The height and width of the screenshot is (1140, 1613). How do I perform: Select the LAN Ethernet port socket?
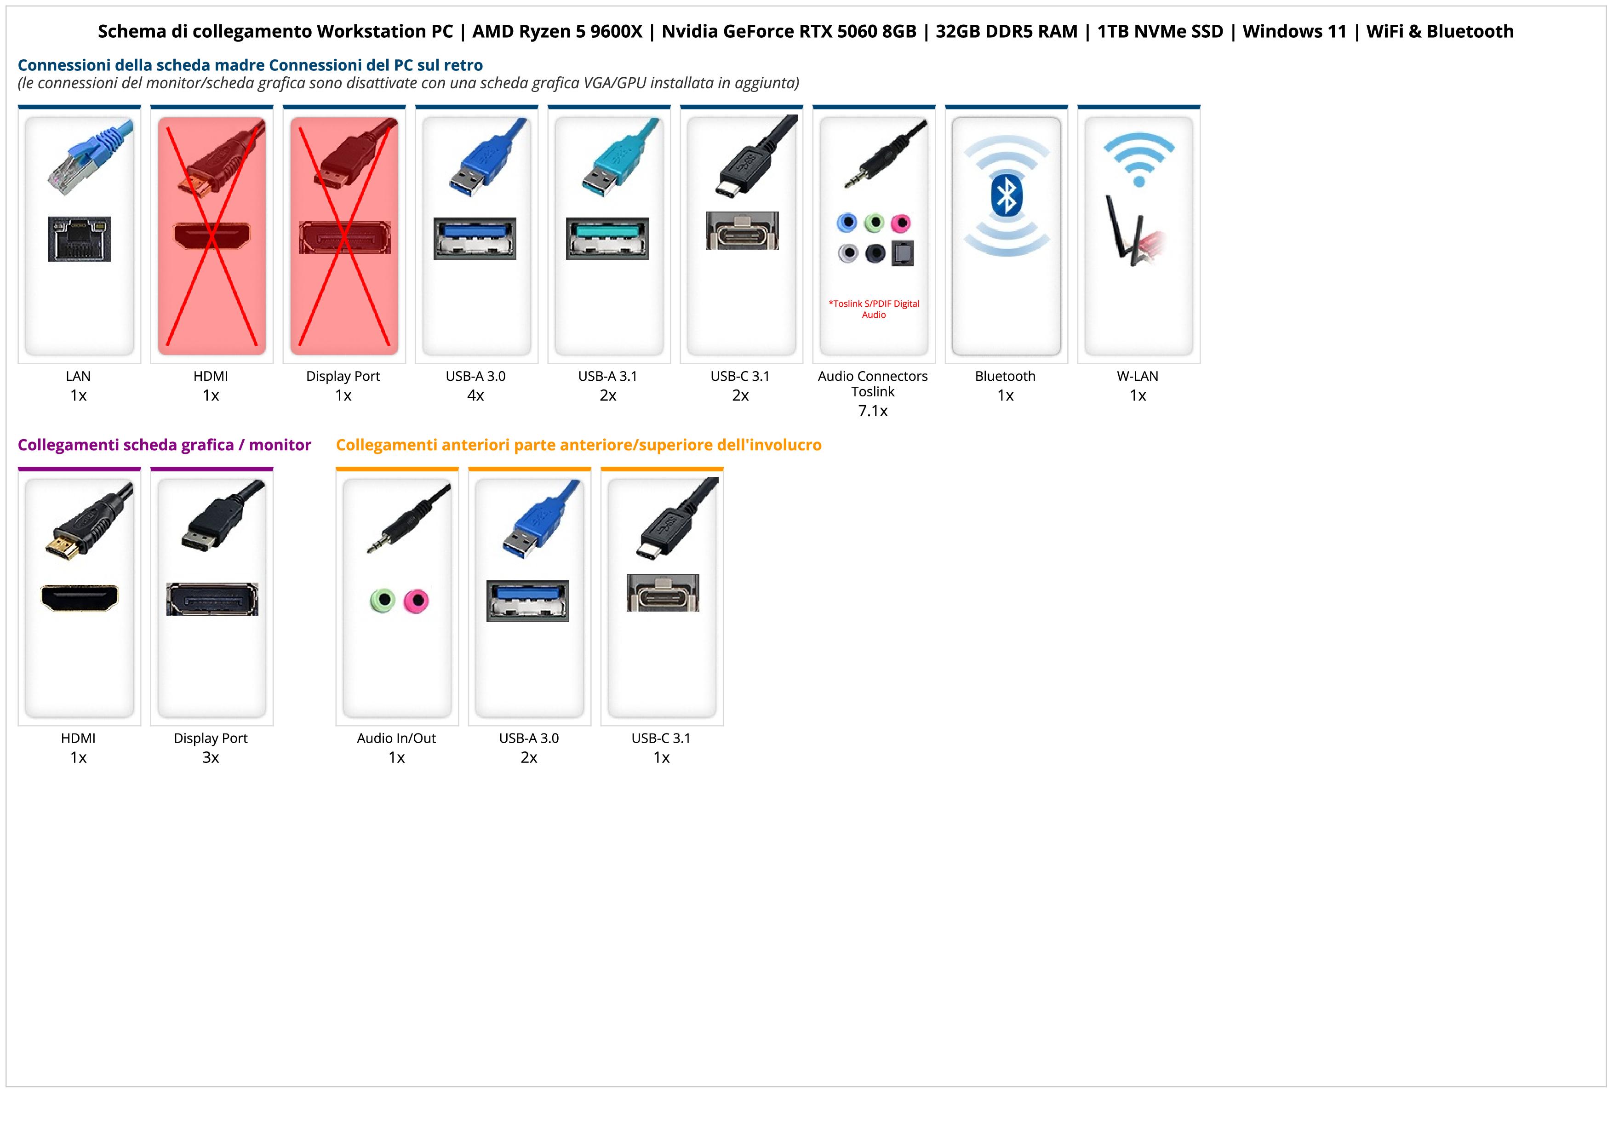[80, 239]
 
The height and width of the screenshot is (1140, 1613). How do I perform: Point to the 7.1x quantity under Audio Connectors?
[873, 411]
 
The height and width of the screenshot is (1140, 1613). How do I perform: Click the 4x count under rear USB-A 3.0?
[475, 395]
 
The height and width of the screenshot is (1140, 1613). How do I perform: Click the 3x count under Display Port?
[211, 757]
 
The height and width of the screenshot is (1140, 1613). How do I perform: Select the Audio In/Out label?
[396, 738]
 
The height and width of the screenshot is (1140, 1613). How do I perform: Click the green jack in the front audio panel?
[382, 601]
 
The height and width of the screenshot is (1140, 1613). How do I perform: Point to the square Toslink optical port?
[902, 253]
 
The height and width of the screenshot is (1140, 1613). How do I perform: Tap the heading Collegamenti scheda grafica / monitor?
[165, 445]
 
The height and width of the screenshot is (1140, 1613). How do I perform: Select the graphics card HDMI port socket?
[80, 598]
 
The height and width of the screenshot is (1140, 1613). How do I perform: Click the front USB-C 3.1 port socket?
[663, 592]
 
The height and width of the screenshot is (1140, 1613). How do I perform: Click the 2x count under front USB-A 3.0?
[529, 757]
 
